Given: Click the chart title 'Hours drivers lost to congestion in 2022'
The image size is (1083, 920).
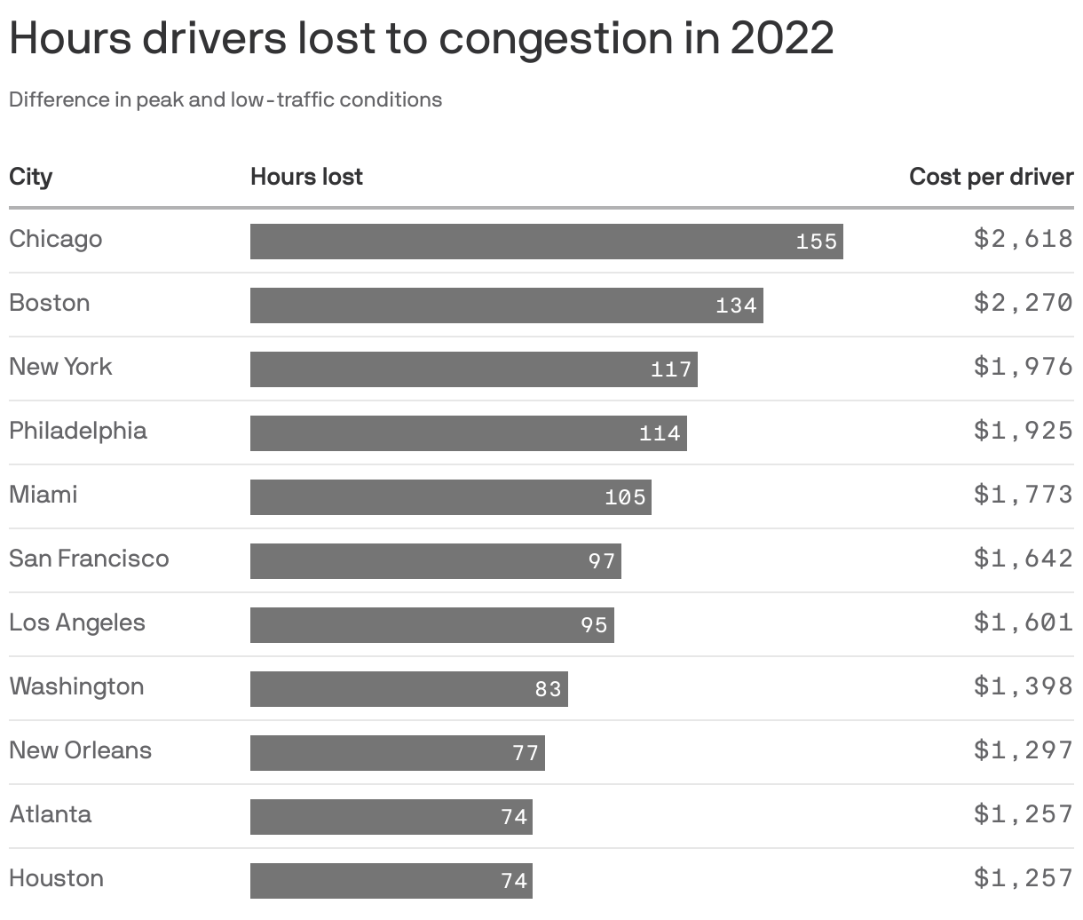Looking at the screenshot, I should (x=421, y=38).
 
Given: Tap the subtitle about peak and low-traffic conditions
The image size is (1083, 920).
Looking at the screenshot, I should (x=225, y=99).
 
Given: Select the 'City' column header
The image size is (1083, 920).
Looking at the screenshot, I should (x=31, y=177).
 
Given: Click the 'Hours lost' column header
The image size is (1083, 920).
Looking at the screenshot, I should (x=306, y=177).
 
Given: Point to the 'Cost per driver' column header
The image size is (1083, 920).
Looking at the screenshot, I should (x=991, y=177).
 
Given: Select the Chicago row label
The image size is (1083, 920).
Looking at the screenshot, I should (x=55, y=239).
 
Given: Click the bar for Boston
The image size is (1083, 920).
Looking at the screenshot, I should (x=506, y=305).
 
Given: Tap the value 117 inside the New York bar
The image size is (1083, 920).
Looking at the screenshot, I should (x=670, y=369).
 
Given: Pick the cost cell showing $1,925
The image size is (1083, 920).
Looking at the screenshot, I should (x=1023, y=431).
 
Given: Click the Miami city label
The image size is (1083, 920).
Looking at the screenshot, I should (x=43, y=495).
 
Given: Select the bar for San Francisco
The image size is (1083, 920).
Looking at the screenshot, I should (x=435, y=561).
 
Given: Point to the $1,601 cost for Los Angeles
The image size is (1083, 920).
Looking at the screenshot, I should (x=1023, y=623).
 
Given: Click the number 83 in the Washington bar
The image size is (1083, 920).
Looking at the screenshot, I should (x=548, y=689).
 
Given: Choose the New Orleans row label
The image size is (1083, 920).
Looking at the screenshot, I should (x=80, y=750).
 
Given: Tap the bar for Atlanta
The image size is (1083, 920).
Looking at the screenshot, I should (x=391, y=817).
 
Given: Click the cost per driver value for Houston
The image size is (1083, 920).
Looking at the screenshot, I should (x=1023, y=878).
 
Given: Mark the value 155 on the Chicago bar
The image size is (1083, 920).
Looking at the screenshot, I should (x=816, y=242).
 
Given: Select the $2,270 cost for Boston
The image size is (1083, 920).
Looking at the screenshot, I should (x=1023, y=303).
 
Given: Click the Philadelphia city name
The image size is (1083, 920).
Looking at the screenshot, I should (x=78, y=431).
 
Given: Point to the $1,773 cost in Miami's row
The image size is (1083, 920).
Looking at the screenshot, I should (x=1023, y=495).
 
